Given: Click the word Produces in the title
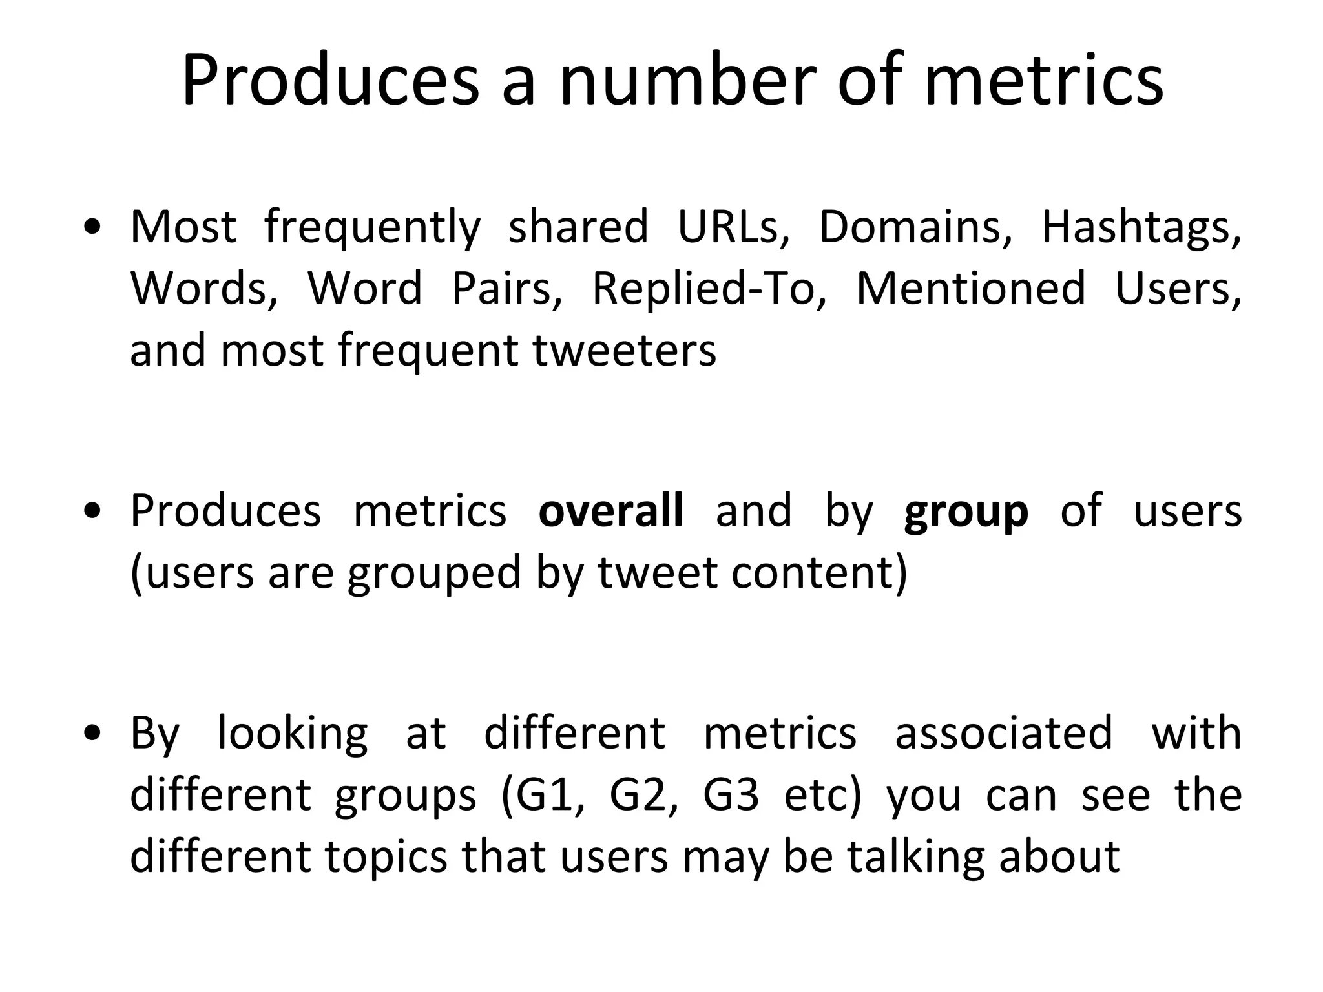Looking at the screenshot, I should pos(330,81).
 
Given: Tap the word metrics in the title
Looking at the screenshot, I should pos(1044,81).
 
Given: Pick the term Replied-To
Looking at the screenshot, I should pos(709,288).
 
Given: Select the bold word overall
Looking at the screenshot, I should pos(610,510).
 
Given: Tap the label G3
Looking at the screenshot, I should pos(731,795).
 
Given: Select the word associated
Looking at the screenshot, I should pos(1003,733).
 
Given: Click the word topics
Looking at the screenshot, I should pos(385,857).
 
